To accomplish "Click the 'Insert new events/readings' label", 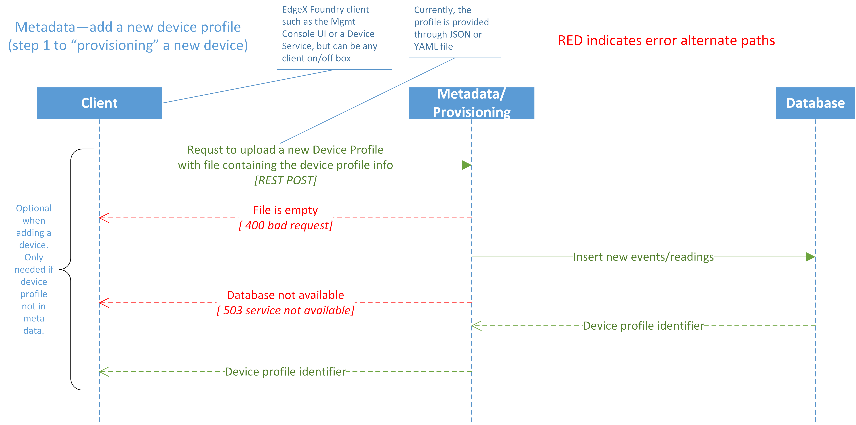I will (643, 257).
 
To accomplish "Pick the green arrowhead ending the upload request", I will (467, 165).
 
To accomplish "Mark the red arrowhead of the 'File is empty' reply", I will (104, 218).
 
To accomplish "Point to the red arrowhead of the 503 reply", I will (104, 303).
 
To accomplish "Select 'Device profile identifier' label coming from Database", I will (643, 326).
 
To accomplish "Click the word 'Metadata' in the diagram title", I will (46, 27).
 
